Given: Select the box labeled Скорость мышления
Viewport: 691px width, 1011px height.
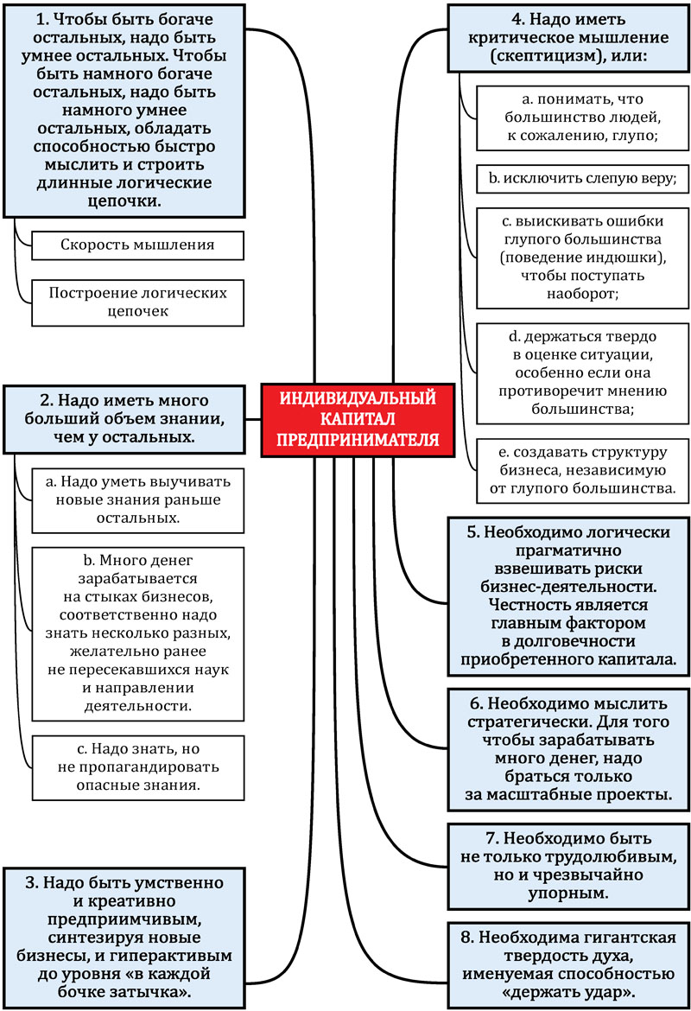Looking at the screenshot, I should (137, 245).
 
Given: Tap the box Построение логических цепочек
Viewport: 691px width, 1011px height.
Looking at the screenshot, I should (137, 302).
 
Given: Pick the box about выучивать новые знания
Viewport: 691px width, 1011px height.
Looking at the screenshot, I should (137, 499).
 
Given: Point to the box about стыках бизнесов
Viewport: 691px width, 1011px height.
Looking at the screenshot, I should (137, 634).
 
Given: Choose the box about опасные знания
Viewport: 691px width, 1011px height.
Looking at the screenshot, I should (137, 766).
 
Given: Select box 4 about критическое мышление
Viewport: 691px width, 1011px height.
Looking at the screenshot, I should (567, 38).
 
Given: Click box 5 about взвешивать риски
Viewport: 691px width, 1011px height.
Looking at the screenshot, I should (569, 596).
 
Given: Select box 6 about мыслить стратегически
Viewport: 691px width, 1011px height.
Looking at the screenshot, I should (569, 748).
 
